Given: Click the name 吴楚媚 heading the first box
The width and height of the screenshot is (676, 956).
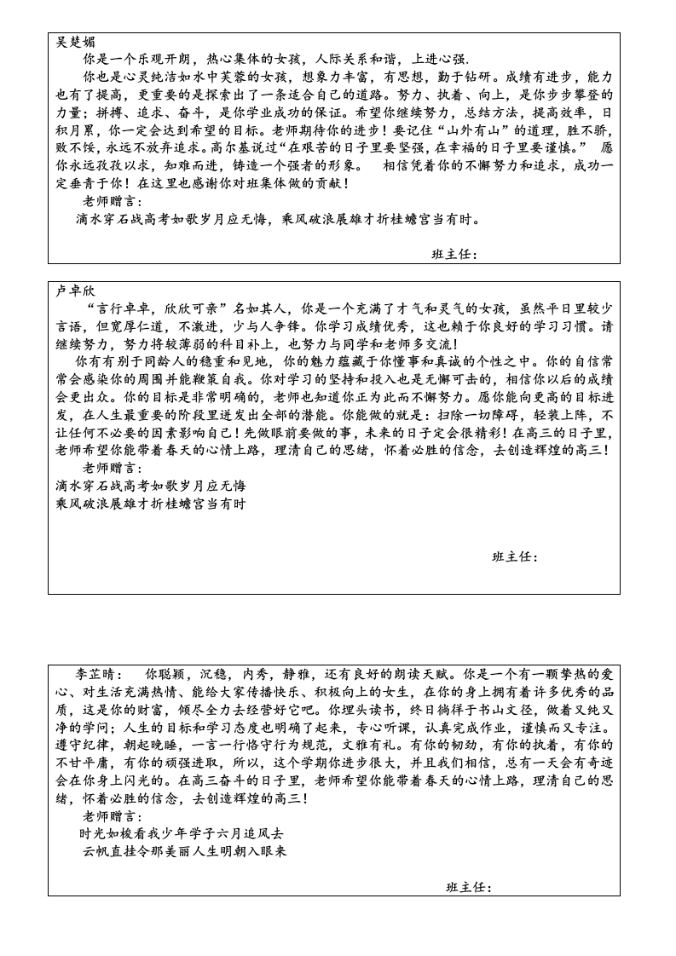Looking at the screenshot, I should [x=76, y=42].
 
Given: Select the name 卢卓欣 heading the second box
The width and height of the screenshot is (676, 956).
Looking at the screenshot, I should [x=76, y=291].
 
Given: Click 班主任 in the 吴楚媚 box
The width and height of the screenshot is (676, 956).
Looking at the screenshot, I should [x=454, y=254].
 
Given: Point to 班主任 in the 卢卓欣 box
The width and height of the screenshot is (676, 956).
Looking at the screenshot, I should [x=515, y=556].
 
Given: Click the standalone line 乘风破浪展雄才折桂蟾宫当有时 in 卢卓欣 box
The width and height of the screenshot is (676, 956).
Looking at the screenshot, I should [x=150, y=504].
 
